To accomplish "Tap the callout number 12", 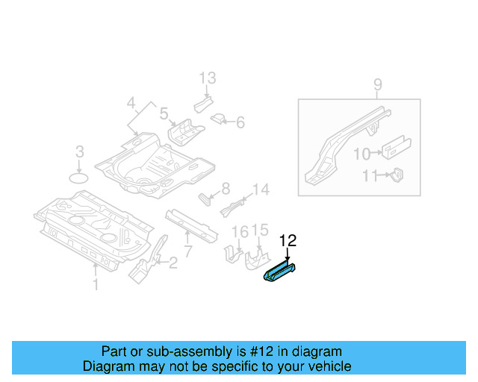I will point(288,240).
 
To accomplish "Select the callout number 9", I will point(377,85).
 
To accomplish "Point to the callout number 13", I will point(207,78).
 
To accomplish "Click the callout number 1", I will point(95,284).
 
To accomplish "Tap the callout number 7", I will point(187,250).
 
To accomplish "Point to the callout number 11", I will point(370,177).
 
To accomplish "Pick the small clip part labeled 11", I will point(398,175).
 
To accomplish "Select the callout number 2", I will point(173,262).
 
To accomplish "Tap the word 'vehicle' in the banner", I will point(329,366).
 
